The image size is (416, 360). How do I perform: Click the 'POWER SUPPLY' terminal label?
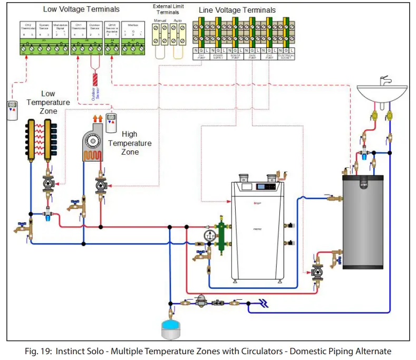[x=218, y=54]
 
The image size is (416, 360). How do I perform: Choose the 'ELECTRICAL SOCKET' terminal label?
[x=286, y=54]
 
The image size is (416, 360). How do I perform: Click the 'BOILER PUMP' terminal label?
[x=235, y=54]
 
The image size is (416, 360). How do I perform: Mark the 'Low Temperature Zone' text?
[x=48, y=102]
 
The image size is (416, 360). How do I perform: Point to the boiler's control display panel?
[x=266, y=187]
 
